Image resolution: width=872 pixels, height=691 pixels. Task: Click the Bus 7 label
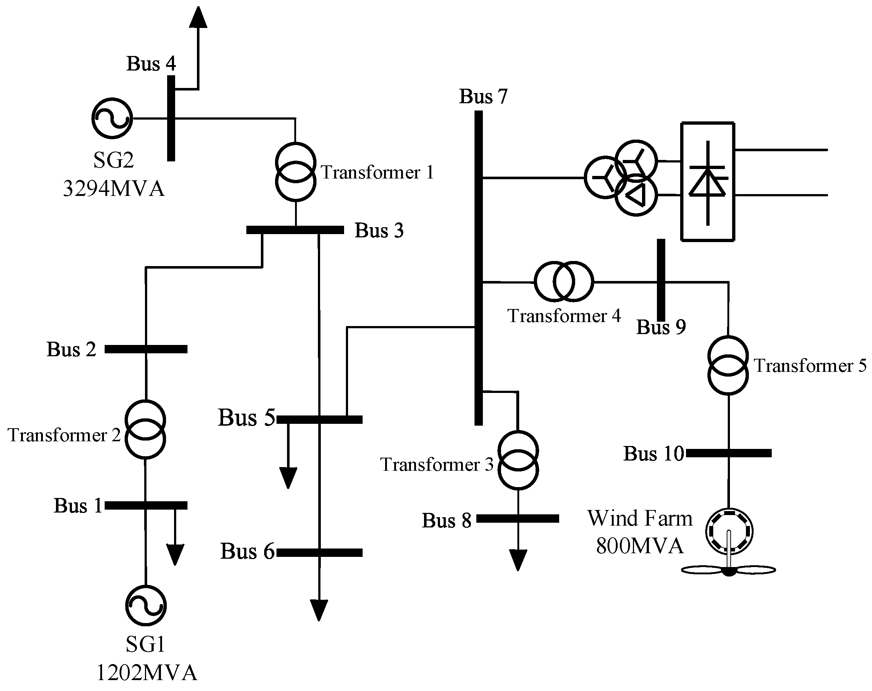click(483, 96)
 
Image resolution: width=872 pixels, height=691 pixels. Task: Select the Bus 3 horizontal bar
click(295, 230)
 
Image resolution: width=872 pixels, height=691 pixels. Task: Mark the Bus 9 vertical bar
click(661, 280)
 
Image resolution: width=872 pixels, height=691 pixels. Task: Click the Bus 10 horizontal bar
click(729, 453)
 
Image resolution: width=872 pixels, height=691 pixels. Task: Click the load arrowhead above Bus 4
click(198, 17)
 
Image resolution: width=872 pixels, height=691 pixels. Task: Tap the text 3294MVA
click(114, 189)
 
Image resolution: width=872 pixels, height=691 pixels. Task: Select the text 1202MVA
click(147, 673)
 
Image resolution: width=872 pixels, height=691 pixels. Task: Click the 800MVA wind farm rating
click(640, 546)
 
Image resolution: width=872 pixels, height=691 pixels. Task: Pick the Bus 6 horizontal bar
click(319, 553)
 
